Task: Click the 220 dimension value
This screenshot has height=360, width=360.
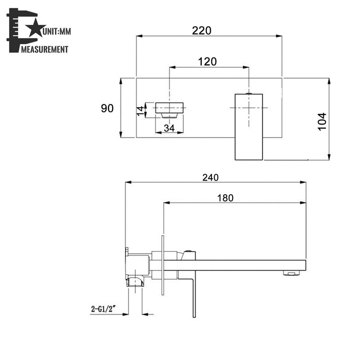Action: (x=202, y=31)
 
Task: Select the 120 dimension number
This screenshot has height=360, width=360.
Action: (x=207, y=62)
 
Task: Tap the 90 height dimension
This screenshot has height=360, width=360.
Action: (x=107, y=109)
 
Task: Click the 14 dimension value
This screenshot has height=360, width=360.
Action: (x=140, y=110)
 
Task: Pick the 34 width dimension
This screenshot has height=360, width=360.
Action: (x=169, y=128)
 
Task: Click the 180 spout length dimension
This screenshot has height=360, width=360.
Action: (x=226, y=198)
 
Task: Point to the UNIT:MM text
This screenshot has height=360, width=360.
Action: (x=57, y=32)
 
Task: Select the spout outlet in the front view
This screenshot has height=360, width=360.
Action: (x=170, y=108)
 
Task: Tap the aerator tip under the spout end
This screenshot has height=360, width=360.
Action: (x=291, y=274)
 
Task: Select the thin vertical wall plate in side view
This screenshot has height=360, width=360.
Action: (x=162, y=267)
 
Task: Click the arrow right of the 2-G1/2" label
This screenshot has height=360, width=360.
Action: (x=148, y=314)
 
